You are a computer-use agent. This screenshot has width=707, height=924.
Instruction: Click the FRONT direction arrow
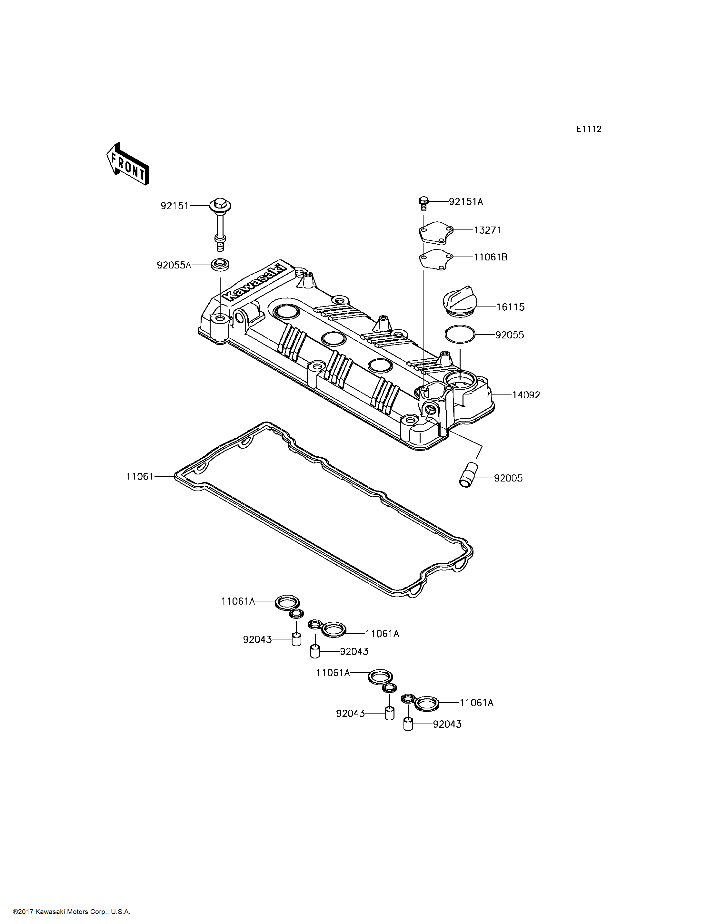tap(127, 164)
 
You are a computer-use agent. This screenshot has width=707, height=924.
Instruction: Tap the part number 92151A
tap(466, 202)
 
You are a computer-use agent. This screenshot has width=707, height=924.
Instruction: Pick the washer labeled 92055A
tap(220, 265)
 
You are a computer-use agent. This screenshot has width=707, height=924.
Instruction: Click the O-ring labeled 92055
tap(460, 334)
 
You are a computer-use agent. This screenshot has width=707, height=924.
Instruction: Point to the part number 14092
tap(526, 395)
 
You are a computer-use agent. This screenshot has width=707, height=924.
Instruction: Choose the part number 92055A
tap(174, 265)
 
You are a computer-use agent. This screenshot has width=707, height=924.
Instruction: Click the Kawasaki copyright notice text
tap(72, 911)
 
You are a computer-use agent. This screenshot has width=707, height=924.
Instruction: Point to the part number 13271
tap(487, 230)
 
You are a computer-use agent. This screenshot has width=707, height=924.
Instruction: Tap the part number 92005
tap(508, 478)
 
